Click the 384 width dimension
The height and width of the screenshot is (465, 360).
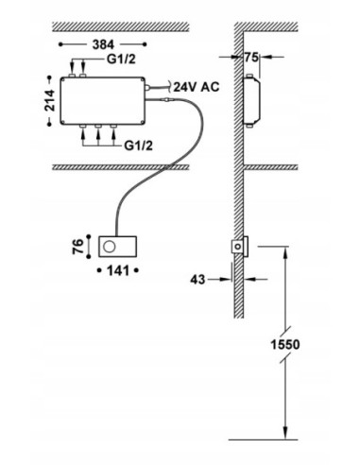(x=103, y=44)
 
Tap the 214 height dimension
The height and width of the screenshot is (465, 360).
(x=49, y=101)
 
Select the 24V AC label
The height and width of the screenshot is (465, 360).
(x=197, y=87)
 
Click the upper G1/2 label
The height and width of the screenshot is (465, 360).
(x=121, y=60)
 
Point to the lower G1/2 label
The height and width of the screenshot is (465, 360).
(x=138, y=146)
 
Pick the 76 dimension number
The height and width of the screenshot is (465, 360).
(x=78, y=247)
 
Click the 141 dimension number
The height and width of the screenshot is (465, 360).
(x=118, y=270)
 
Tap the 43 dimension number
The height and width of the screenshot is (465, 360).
(x=197, y=280)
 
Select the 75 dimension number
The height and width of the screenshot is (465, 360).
(x=251, y=58)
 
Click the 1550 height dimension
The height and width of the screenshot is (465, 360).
(x=285, y=344)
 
